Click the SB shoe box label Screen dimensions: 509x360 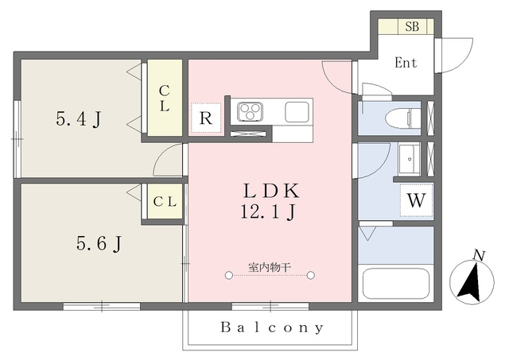(412, 26)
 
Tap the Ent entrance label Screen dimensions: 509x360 (406, 63)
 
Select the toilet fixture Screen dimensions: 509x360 (403, 118)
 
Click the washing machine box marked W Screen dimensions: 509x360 (417, 200)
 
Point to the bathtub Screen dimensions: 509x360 (395, 283)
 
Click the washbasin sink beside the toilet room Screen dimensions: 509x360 (410, 159)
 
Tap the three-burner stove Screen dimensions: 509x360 (250, 112)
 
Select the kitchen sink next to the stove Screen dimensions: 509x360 (297, 112)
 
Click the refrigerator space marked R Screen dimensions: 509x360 (206, 118)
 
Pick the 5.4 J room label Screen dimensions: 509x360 (79, 118)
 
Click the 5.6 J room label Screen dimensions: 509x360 (99, 243)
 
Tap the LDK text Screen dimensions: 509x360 (271, 192)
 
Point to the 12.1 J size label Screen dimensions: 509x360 (268, 211)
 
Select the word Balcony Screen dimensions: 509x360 (272, 327)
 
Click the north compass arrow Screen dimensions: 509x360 (470, 283)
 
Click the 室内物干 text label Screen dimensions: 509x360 (270, 268)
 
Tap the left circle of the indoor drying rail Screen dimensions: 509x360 (229, 275)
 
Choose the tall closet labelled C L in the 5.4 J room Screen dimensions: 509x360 (165, 98)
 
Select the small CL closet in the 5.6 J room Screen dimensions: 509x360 (165, 201)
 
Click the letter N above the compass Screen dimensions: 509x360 (479, 256)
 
